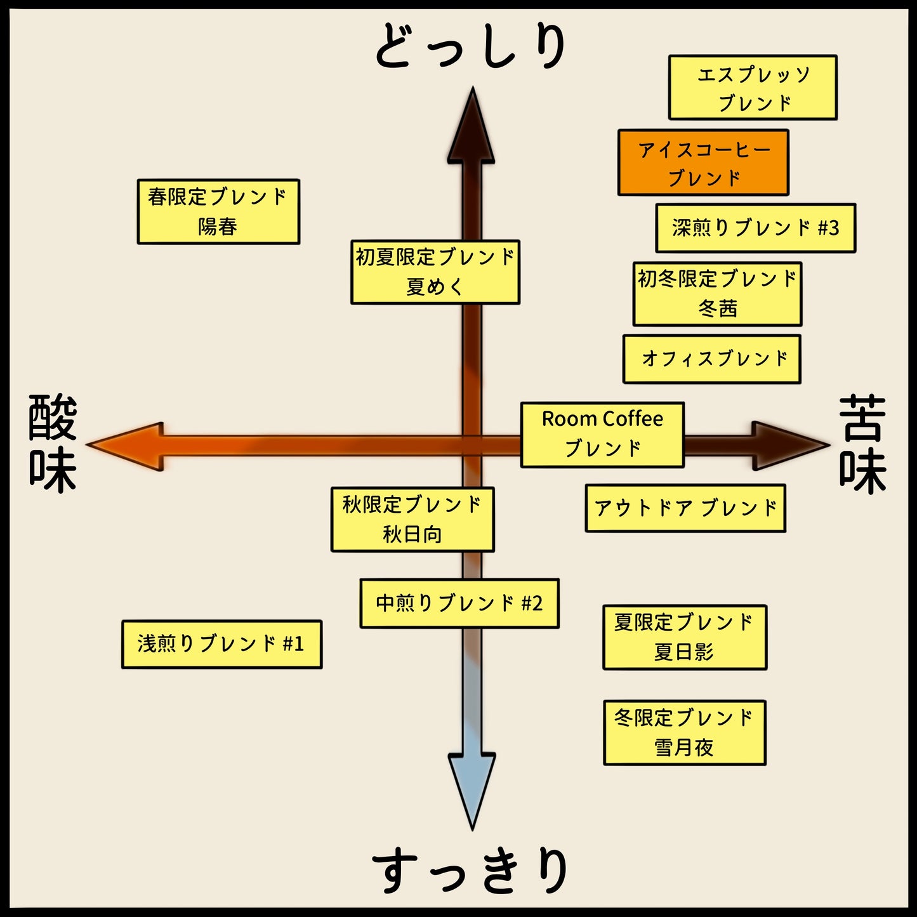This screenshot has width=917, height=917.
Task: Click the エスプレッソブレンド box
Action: (753, 88)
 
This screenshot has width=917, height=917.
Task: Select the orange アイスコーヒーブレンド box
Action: (703, 162)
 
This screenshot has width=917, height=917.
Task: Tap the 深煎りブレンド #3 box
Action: (755, 228)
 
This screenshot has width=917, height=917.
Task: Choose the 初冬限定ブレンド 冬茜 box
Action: (717, 294)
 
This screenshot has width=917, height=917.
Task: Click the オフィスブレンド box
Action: (712, 359)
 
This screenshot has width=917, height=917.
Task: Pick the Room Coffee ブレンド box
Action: (602, 435)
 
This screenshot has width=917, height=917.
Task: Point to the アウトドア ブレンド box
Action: (685, 508)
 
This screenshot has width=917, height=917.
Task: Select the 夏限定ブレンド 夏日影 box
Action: (685, 637)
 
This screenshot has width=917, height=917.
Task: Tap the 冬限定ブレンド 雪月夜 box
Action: (685, 733)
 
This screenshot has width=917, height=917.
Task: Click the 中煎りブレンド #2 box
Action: (459, 604)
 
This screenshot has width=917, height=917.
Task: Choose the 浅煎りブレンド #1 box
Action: (221, 644)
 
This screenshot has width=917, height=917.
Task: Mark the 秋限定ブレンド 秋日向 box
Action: (412, 520)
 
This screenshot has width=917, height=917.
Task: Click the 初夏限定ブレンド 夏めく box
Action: (435, 272)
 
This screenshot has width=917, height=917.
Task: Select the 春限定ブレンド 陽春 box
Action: (218, 212)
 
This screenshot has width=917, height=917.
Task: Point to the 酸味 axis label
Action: (53, 444)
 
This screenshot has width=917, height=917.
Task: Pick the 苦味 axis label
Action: (863, 444)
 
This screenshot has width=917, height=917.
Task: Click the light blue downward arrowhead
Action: (472, 787)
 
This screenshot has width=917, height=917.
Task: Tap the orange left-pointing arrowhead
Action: (127, 446)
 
